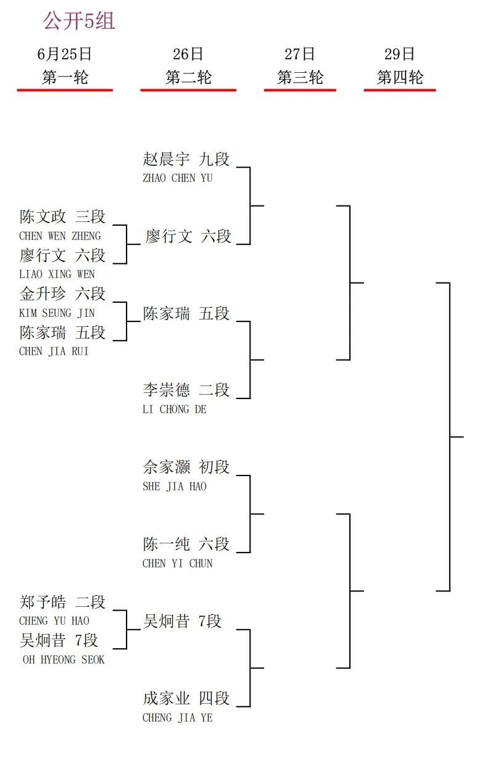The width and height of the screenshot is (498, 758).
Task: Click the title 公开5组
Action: coord(79,20)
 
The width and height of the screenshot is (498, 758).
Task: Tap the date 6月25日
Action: coord(64,54)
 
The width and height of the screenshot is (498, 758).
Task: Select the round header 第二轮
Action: coord(189,77)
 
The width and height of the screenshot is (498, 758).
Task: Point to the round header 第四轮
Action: coord(400,77)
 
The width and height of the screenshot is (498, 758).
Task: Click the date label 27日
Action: coord(300,54)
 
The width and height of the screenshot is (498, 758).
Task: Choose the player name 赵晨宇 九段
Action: coord(186,159)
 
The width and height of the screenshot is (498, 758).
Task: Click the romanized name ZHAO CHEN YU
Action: coord(177,178)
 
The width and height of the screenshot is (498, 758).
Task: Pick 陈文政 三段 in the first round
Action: coord(62,216)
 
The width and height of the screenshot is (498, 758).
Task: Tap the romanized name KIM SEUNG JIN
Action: coord(57,313)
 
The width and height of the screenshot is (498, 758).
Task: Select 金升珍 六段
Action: coord(62,294)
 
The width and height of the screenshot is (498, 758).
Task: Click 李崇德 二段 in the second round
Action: coord(186,390)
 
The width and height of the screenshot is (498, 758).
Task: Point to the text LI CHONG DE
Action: coord(175,410)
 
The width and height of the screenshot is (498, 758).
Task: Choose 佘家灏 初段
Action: coord(186,467)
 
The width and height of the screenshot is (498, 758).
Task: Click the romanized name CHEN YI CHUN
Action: coord(177,564)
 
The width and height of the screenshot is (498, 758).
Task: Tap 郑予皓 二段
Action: coord(62,602)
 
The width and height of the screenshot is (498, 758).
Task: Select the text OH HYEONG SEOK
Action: coord(64,659)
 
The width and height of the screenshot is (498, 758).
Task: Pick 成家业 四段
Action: coord(186,698)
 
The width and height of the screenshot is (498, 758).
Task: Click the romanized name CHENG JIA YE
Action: coord(177,718)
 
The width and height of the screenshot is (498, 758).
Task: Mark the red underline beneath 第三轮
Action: coord(300,90)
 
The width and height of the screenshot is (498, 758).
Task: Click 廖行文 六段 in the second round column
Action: coord(188,236)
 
